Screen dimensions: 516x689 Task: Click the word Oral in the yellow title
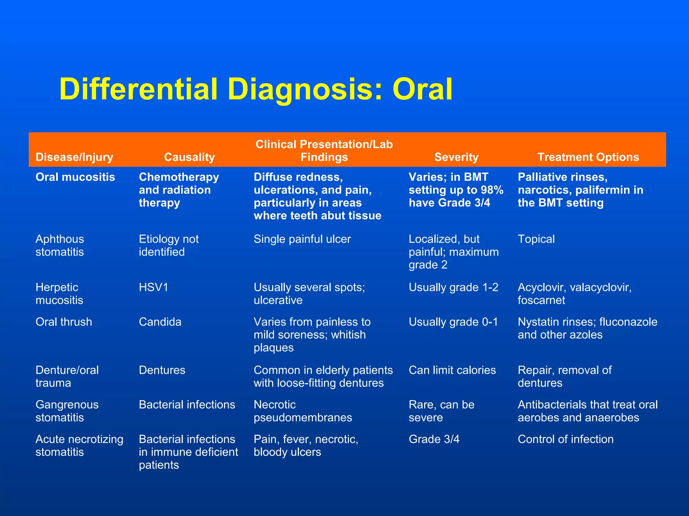pos(423,89)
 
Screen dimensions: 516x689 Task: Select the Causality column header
pos(189,157)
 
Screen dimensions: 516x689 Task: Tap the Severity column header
pos(456,157)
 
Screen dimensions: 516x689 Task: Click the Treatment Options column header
pos(588,157)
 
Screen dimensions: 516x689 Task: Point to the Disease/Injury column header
pos(74,157)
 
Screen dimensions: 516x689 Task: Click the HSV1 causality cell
pos(153,288)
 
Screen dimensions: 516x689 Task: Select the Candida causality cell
pos(160,322)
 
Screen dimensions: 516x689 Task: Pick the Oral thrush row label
pos(64,322)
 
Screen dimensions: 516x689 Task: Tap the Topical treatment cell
pos(536,239)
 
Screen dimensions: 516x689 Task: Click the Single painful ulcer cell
pos(302,239)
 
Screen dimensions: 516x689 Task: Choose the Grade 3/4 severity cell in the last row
pos(434,439)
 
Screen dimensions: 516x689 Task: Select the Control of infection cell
pos(566,439)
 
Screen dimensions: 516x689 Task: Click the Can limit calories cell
pos(452,370)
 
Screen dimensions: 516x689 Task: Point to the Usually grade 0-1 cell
pos(453,322)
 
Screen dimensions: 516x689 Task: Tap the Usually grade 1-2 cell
pos(454,288)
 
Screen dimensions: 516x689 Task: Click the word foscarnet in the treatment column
pos(541,300)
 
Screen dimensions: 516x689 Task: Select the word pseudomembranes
pos(303,418)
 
